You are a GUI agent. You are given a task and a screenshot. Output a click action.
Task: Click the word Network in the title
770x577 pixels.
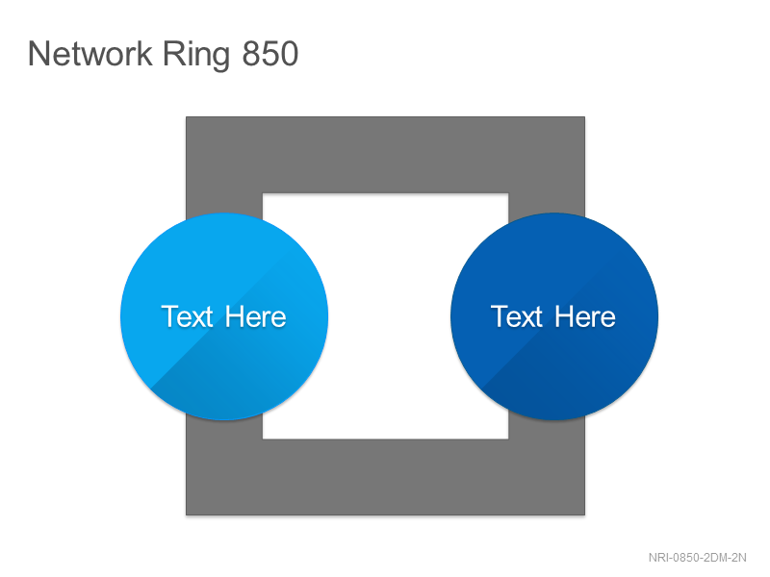(x=90, y=54)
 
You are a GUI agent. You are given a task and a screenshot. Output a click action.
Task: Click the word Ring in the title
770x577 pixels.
(x=196, y=56)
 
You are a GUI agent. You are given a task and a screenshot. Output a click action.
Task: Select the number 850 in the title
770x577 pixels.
(x=270, y=54)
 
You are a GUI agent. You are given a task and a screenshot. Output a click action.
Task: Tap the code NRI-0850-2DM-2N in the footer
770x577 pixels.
(x=697, y=558)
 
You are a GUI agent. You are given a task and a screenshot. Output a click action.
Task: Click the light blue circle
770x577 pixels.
(x=224, y=316)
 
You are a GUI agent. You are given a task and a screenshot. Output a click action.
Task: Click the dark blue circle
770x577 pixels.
(x=554, y=316)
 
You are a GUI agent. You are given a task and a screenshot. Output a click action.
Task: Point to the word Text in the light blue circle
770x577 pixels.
(x=187, y=316)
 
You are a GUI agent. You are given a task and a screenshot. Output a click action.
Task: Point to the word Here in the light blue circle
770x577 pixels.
(x=255, y=316)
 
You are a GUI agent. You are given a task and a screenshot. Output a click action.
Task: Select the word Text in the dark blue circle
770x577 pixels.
(x=517, y=316)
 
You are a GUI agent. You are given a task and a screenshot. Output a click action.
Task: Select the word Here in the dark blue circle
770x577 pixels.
(x=585, y=316)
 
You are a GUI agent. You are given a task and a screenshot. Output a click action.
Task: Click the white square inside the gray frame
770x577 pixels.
(x=386, y=316)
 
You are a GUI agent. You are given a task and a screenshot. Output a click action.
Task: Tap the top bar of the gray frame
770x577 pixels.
(x=386, y=155)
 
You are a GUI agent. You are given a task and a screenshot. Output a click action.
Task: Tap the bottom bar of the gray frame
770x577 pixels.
(x=386, y=477)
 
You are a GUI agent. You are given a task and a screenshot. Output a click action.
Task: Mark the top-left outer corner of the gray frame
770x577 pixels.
(x=186, y=116)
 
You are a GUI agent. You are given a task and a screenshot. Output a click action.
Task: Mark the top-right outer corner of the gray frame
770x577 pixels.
(x=585, y=116)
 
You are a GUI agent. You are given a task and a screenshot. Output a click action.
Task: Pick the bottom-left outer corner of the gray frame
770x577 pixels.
(x=186, y=515)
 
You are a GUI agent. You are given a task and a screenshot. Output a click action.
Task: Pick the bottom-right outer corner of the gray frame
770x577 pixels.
(x=585, y=515)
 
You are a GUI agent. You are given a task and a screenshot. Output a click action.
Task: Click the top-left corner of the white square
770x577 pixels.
(x=263, y=193)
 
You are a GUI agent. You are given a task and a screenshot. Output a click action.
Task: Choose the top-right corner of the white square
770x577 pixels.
(x=508, y=193)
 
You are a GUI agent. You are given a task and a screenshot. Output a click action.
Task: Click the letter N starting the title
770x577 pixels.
(x=38, y=54)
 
